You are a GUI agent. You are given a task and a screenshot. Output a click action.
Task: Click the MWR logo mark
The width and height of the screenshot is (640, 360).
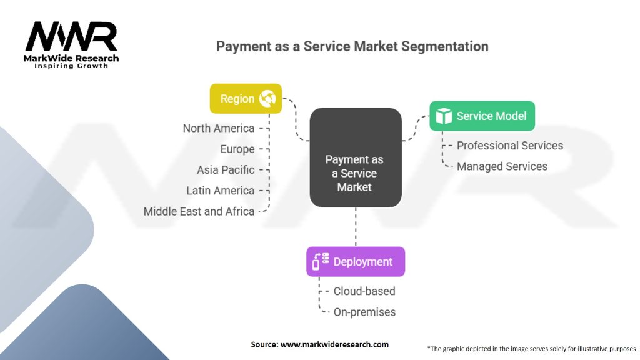coord(71,37)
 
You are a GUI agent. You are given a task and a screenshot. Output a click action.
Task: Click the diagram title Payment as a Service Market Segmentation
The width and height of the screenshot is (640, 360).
coord(352,46)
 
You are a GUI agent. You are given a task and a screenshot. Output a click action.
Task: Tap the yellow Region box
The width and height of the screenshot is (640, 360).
coord(246,99)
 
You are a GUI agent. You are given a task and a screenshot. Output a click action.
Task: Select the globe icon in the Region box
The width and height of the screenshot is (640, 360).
coord(268,99)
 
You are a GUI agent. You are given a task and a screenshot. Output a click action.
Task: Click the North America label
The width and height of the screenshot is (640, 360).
coord(219,128)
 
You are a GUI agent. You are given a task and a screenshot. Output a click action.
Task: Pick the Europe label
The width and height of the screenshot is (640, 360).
coord(237,149)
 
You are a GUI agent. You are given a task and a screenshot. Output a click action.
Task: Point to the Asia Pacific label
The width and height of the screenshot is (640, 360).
coord(226,169)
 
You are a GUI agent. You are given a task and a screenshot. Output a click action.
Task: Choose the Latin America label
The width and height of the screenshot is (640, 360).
coord(221,191)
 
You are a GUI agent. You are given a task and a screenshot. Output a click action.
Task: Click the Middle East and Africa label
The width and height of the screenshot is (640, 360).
coord(199,211)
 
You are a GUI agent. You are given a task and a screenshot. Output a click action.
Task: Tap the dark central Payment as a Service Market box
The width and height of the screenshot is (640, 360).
coord(355,157)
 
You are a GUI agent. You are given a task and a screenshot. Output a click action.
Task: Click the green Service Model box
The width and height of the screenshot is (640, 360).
coord(482,116)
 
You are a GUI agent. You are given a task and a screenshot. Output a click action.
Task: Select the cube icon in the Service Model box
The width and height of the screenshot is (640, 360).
coord(444,116)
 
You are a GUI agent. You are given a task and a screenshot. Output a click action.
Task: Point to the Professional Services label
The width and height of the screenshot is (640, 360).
coord(510,146)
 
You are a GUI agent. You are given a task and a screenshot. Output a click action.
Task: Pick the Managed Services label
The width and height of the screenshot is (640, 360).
coord(502,166)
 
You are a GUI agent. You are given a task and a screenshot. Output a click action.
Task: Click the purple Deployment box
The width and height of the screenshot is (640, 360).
coord(355,262)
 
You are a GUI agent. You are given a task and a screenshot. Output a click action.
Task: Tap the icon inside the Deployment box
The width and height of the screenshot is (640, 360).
coord(320,262)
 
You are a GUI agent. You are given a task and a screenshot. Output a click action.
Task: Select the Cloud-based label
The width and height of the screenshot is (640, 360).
coord(364,291)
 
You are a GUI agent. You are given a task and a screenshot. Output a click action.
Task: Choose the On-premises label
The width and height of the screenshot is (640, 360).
coord(364,312)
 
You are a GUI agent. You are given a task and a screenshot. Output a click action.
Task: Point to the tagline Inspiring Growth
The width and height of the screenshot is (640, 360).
coord(71,66)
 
